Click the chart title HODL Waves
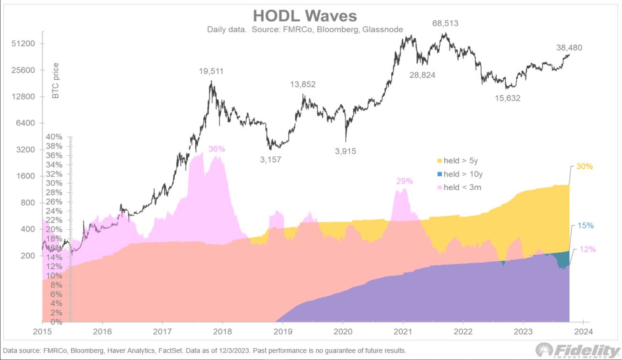(305, 16)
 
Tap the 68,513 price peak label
(445, 23)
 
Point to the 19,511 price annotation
(211, 71)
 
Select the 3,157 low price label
(270, 160)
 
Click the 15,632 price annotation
(507, 98)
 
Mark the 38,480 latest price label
(569, 48)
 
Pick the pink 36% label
(217, 149)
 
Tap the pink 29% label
(404, 181)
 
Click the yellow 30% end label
(584, 167)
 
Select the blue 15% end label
(585, 226)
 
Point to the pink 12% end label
(587, 249)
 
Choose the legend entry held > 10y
(460, 174)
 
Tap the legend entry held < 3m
(459, 187)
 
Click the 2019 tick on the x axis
(283, 332)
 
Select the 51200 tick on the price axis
(23, 44)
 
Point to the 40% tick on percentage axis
(54, 137)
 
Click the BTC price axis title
(55, 81)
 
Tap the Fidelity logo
(578, 350)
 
